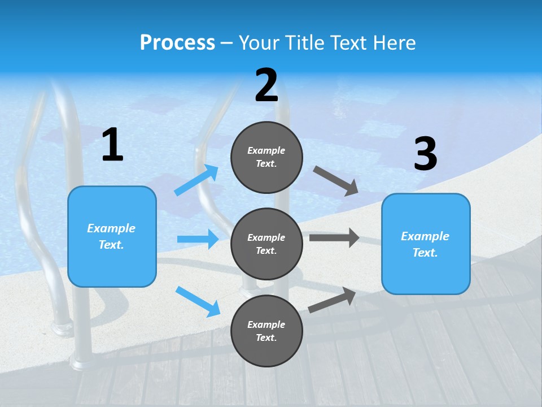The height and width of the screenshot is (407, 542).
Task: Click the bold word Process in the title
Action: tap(177, 43)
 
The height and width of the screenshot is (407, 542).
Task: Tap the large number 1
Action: tap(112, 145)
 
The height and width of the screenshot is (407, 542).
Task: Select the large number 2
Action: tap(266, 86)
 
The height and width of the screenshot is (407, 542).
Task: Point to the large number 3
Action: tap(425, 154)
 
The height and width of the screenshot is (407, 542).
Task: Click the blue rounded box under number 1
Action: tap(112, 236)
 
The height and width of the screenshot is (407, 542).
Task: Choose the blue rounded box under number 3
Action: tap(426, 244)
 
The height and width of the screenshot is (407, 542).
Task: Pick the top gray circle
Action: tap(266, 157)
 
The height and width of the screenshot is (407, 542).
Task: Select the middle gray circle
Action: tap(266, 244)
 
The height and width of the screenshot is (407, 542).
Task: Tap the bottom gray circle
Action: tap(266, 331)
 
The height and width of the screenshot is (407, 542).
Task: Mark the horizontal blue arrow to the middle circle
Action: tap(198, 239)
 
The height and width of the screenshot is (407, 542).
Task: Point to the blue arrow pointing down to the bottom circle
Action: tap(198, 301)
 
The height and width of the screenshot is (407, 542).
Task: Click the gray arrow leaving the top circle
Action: tap(336, 180)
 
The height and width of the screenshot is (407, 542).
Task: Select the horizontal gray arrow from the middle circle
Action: tap(334, 237)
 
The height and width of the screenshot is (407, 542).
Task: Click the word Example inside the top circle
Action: tap(266, 150)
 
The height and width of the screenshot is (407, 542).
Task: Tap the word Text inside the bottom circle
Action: tap(266, 337)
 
